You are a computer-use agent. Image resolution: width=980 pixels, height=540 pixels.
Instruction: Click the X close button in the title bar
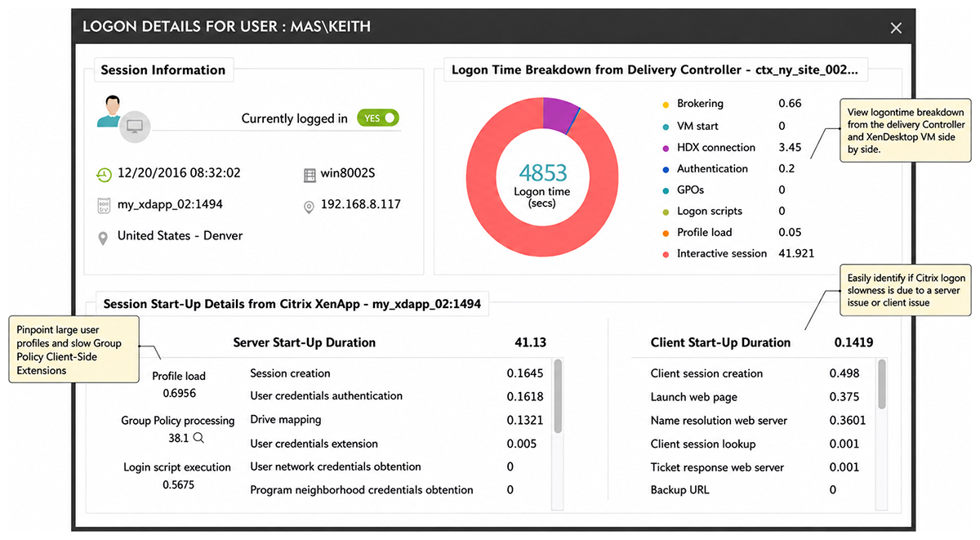pyautogui.click(x=896, y=28)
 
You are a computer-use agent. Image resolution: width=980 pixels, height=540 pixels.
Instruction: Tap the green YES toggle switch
pyautogui.click(x=378, y=118)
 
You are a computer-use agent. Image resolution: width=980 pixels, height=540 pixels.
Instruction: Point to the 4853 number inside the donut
pyautogui.click(x=542, y=173)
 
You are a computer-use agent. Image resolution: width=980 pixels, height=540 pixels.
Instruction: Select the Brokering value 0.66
pyautogui.click(x=790, y=103)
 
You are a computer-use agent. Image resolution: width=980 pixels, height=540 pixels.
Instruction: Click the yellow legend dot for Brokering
pyautogui.click(x=666, y=105)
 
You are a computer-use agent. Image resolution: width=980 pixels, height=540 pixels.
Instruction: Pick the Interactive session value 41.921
pyautogui.click(x=795, y=253)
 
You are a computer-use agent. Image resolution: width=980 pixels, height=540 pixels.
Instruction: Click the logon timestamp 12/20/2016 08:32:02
pyautogui.click(x=179, y=173)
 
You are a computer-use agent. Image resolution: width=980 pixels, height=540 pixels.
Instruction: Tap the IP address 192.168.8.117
pyautogui.click(x=360, y=204)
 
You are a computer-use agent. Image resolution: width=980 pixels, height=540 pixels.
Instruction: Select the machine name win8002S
pyautogui.click(x=347, y=173)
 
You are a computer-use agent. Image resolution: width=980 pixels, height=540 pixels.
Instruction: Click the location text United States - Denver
pyautogui.click(x=180, y=236)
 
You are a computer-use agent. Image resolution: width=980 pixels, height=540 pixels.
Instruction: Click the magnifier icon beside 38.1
pyautogui.click(x=198, y=438)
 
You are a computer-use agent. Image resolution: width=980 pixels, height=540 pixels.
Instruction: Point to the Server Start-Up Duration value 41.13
pyautogui.click(x=530, y=342)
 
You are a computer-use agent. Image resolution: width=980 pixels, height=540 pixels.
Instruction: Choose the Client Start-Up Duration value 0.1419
pyautogui.click(x=853, y=342)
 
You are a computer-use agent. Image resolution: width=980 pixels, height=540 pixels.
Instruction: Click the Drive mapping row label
pyautogui.click(x=286, y=420)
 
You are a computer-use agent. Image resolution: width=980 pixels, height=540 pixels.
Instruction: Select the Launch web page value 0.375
pyautogui.click(x=844, y=397)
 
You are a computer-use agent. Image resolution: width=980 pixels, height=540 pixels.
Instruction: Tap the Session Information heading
pyautogui.click(x=163, y=70)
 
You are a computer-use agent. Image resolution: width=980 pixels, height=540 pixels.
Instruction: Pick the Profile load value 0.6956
pyautogui.click(x=179, y=393)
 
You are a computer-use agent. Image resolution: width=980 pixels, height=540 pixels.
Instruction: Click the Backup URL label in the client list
pyautogui.click(x=679, y=489)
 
